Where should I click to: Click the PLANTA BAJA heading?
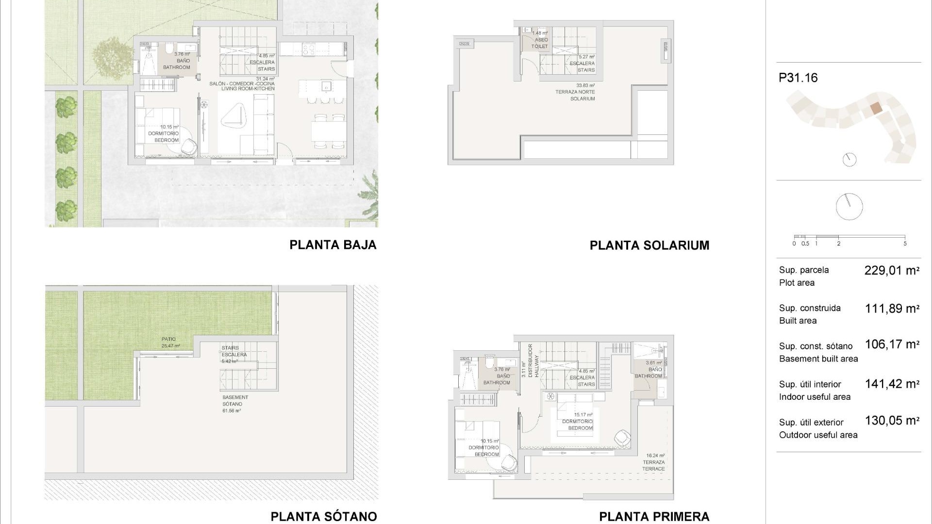333,245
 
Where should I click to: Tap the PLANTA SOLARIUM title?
649,246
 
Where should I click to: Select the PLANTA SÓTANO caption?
323,516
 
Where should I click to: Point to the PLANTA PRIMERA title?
654,516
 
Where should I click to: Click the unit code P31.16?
798,78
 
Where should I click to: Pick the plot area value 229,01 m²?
892,271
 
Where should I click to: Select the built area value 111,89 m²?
892,309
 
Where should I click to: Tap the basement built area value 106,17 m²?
892,344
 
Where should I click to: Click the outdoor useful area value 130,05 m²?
892,421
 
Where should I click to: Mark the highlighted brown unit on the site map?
875,108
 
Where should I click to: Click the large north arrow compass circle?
849,206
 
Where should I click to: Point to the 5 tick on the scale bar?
905,244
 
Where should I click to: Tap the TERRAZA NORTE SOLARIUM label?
576,92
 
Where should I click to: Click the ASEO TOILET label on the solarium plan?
540,43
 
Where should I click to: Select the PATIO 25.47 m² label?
169,342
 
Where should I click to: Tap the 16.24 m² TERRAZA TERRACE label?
654,462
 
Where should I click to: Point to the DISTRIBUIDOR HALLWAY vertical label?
533,361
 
